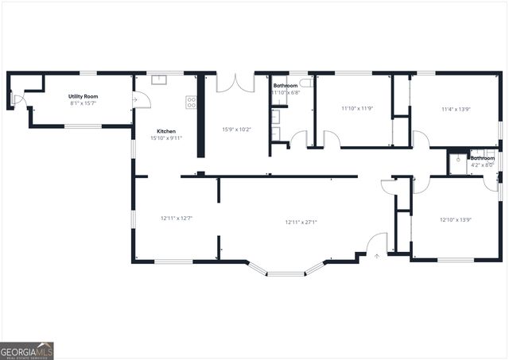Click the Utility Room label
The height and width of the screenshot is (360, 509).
[x=83, y=96]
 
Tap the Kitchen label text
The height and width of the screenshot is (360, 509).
[x=166, y=131]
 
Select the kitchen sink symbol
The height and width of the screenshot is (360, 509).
[x=159, y=79]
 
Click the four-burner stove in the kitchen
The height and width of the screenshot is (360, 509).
[x=191, y=102]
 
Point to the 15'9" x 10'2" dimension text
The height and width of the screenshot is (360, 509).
[x=237, y=130]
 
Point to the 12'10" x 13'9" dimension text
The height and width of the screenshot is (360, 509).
[x=457, y=219]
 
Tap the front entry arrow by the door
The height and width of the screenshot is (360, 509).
[x=377, y=254]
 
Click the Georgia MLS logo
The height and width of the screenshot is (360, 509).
[x=27, y=350]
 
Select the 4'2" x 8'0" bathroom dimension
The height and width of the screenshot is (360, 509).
[x=481, y=165]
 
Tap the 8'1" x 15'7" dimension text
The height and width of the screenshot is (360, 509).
[x=83, y=103]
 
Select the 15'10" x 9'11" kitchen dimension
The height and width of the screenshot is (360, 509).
[x=166, y=138]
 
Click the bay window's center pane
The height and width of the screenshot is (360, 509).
[x=286, y=274]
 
